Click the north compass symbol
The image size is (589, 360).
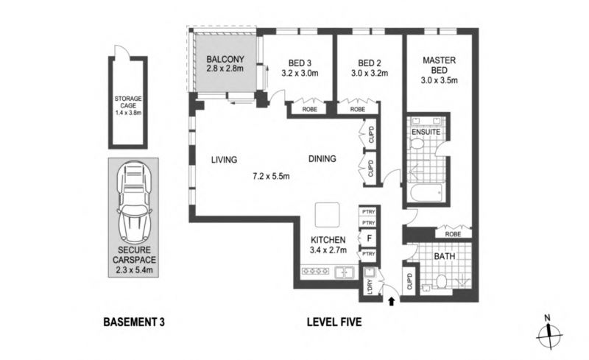[549, 333]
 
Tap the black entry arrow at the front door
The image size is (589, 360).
[392, 301]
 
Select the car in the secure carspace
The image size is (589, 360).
[134, 203]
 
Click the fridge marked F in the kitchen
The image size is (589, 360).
[369, 239]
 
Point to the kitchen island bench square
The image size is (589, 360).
[327, 215]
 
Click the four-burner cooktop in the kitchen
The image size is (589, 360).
[316, 271]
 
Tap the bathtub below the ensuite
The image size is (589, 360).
[426, 192]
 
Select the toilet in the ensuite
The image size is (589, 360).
[417, 143]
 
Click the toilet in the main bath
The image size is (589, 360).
[441, 281]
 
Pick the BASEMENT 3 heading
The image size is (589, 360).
[134, 322]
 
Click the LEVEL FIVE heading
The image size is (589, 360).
[334, 322]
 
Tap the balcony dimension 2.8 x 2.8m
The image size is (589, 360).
[225, 68]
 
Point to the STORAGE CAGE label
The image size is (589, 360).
[128, 102]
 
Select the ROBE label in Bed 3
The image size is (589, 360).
[309, 110]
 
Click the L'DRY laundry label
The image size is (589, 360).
[370, 286]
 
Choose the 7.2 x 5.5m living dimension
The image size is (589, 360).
[271, 176]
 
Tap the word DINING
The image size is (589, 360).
[322, 159]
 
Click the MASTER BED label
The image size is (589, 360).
[439, 65]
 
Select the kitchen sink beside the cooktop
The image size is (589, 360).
[345, 272]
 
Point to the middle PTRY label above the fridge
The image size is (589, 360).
[369, 223]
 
